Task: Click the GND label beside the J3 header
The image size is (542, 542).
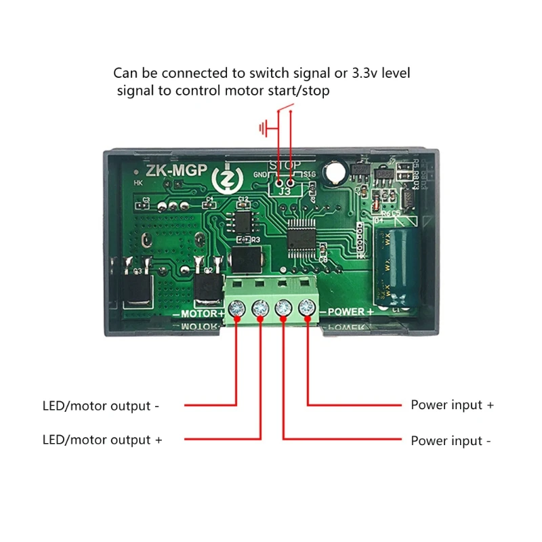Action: [261, 175]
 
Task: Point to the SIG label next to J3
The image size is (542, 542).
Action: [310, 175]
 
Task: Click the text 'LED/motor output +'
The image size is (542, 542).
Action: [102, 440]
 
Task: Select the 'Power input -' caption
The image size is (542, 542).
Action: [451, 440]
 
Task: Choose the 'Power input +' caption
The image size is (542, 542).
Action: [452, 405]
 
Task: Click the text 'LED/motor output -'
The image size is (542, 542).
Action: [101, 406]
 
